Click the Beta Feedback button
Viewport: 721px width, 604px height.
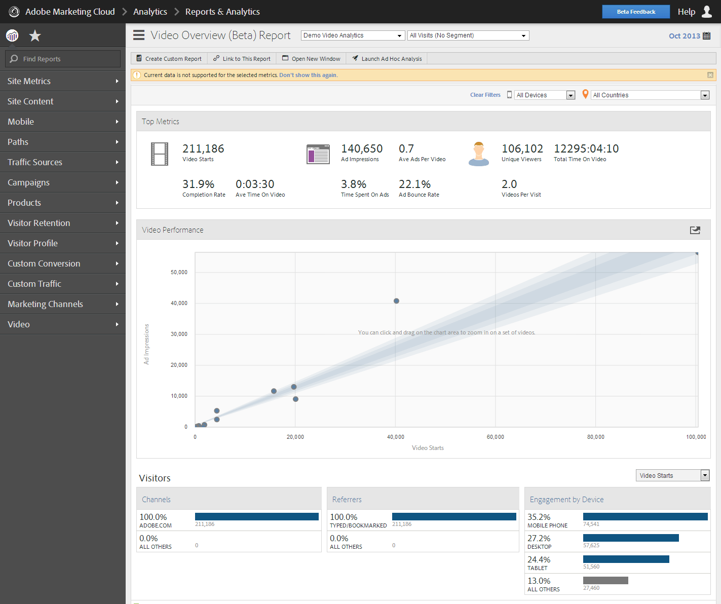point(635,12)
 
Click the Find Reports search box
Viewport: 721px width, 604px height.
point(63,59)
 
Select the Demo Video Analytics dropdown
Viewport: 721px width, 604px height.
point(352,35)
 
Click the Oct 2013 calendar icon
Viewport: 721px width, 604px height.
point(707,36)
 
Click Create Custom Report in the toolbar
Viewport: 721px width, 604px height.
point(169,59)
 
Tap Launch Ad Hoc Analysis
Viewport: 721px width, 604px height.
point(387,59)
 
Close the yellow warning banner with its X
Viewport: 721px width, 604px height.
point(710,75)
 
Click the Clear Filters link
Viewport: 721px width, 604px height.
point(485,95)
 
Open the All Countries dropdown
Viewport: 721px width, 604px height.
point(650,95)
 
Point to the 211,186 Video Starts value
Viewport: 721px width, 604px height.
point(203,149)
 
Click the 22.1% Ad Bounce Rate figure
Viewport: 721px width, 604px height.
point(414,184)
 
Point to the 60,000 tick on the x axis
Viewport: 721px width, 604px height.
point(495,437)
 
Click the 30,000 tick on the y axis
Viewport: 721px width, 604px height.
point(179,334)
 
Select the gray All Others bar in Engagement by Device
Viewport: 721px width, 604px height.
point(605,581)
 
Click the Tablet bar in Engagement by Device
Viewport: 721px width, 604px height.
point(626,559)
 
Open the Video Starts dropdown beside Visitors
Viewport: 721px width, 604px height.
point(672,475)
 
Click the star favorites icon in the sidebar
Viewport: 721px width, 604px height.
point(35,36)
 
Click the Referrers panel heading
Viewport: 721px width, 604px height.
point(347,500)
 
